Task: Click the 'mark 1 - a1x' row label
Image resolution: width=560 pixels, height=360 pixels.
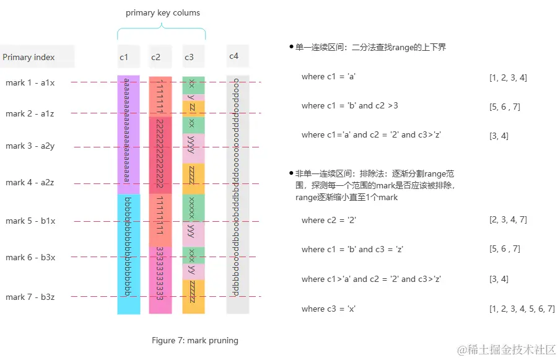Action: (x=30, y=82)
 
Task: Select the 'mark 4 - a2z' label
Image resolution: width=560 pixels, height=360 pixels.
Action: (x=30, y=183)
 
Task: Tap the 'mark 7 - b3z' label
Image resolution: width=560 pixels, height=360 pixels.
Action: (x=30, y=297)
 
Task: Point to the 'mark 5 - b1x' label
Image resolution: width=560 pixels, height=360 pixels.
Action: (x=30, y=221)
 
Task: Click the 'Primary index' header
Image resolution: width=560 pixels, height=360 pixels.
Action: (x=28, y=58)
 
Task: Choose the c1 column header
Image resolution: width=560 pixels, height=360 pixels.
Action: (x=124, y=58)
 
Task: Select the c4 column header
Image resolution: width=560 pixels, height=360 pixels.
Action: (x=234, y=56)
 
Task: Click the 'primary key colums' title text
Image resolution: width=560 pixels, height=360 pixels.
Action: (x=163, y=12)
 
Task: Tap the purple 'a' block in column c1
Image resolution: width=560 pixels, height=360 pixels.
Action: (x=128, y=134)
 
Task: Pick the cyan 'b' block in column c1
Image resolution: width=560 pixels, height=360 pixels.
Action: (x=128, y=253)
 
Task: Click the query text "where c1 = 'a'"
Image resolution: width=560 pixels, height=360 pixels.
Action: (x=328, y=77)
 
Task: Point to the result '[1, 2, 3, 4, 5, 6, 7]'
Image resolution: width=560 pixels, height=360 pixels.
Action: (x=522, y=309)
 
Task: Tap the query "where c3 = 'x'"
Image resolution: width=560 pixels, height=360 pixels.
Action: (x=328, y=309)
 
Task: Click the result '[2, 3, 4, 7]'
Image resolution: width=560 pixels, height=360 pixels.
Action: (x=508, y=220)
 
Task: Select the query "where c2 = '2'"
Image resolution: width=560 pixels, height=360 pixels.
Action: (x=329, y=220)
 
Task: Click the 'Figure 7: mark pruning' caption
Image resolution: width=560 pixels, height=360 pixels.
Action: (x=195, y=340)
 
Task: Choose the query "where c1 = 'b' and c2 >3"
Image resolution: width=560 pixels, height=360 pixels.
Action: (x=350, y=106)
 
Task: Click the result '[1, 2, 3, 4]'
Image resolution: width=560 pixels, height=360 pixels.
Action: (x=508, y=77)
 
